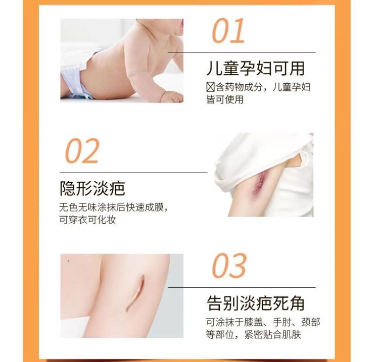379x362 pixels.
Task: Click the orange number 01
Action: point(228,31)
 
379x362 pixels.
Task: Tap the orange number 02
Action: point(82,151)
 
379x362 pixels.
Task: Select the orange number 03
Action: point(229,266)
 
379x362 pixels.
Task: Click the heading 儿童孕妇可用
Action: point(256,69)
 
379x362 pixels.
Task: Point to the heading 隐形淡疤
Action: point(92,188)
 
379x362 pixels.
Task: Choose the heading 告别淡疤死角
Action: point(256,303)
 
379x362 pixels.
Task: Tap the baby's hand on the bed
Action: point(172,96)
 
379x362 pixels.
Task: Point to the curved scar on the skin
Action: point(136,292)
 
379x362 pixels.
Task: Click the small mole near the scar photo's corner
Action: point(68,261)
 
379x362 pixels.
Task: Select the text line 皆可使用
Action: point(225,99)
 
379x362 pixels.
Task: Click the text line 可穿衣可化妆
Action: point(87,220)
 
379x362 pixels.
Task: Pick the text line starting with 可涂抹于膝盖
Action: point(263,322)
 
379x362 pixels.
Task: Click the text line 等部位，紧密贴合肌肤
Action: point(254,335)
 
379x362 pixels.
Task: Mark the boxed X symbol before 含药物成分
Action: point(211,87)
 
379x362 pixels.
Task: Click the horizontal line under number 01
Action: point(242,53)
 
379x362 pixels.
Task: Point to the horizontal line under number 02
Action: point(133,173)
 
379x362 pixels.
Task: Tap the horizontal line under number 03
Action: point(242,287)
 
